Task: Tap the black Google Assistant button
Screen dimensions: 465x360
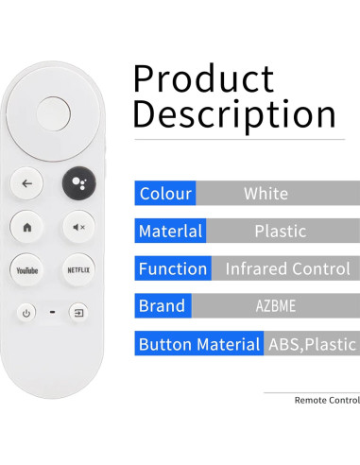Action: pyautogui.click(x=78, y=183)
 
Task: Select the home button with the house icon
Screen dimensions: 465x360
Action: pyautogui.click(x=27, y=227)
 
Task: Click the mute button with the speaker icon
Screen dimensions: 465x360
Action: pyautogui.click(x=78, y=227)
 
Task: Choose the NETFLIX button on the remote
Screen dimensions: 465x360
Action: pyautogui.click(x=78, y=269)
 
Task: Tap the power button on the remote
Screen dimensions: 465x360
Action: pyautogui.click(x=26, y=312)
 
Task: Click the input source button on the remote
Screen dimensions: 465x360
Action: pyautogui.click(x=79, y=312)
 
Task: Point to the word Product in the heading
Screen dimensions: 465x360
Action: pyautogui.click(x=203, y=78)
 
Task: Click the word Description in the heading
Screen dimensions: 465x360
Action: pyautogui.click(x=234, y=114)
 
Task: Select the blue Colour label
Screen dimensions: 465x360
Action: pyautogui.click(x=165, y=194)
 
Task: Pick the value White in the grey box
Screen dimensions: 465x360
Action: pyautogui.click(x=266, y=194)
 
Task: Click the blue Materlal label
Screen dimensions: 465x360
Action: pyautogui.click(x=170, y=231)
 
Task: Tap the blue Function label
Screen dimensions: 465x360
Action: pyautogui.click(x=173, y=268)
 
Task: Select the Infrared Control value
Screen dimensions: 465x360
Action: pyautogui.click(x=287, y=268)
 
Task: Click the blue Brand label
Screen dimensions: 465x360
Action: pyautogui.click(x=163, y=306)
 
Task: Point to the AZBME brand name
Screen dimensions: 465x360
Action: pyautogui.click(x=274, y=306)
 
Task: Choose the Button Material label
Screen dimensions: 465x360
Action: pyautogui.click(x=199, y=344)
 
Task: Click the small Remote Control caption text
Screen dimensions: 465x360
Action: pyautogui.click(x=327, y=400)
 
